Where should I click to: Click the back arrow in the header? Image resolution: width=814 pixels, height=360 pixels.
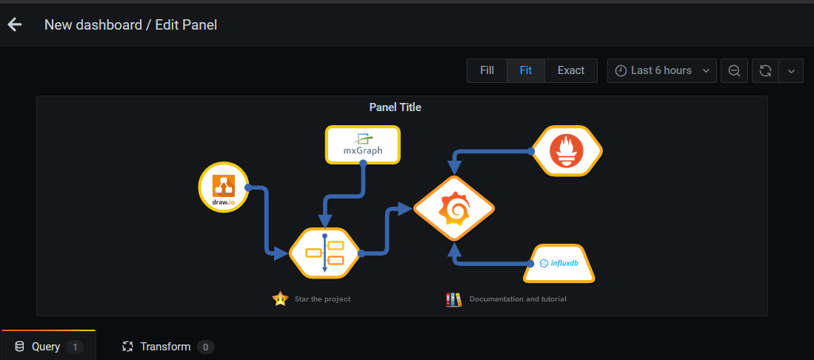[x=15, y=24]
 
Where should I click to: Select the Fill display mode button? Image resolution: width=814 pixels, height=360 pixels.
[x=487, y=70]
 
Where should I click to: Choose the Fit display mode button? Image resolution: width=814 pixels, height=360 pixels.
[x=526, y=70]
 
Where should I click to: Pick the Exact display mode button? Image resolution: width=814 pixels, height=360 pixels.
[x=571, y=70]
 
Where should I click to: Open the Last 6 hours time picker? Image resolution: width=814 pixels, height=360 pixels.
[x=661, y=70]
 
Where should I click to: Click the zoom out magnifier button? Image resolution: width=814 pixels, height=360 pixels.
[x=734, y=70]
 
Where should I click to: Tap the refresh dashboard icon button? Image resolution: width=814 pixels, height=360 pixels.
[x=766, y=70]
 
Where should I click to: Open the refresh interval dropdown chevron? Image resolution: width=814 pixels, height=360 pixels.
[x=791, y=70]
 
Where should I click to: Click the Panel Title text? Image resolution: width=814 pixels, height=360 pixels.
[x=395, y=107]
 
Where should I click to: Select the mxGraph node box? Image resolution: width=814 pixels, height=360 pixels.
[x=363, y=144]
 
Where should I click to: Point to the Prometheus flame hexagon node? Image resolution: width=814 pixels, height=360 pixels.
[x=567, y=152]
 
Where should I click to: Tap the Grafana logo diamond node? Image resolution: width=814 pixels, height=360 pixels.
[x=454, y=208]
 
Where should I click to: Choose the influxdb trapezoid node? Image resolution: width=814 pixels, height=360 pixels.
[x=560, y=263]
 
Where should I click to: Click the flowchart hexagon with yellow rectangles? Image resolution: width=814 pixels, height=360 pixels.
[x=324, y=253]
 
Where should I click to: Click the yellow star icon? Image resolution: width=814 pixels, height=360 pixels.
[x=280, y=299]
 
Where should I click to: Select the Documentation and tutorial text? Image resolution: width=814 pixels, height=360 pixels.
[x=518, y=299]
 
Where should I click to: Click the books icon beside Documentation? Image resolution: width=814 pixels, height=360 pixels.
[x=453, y=299]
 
